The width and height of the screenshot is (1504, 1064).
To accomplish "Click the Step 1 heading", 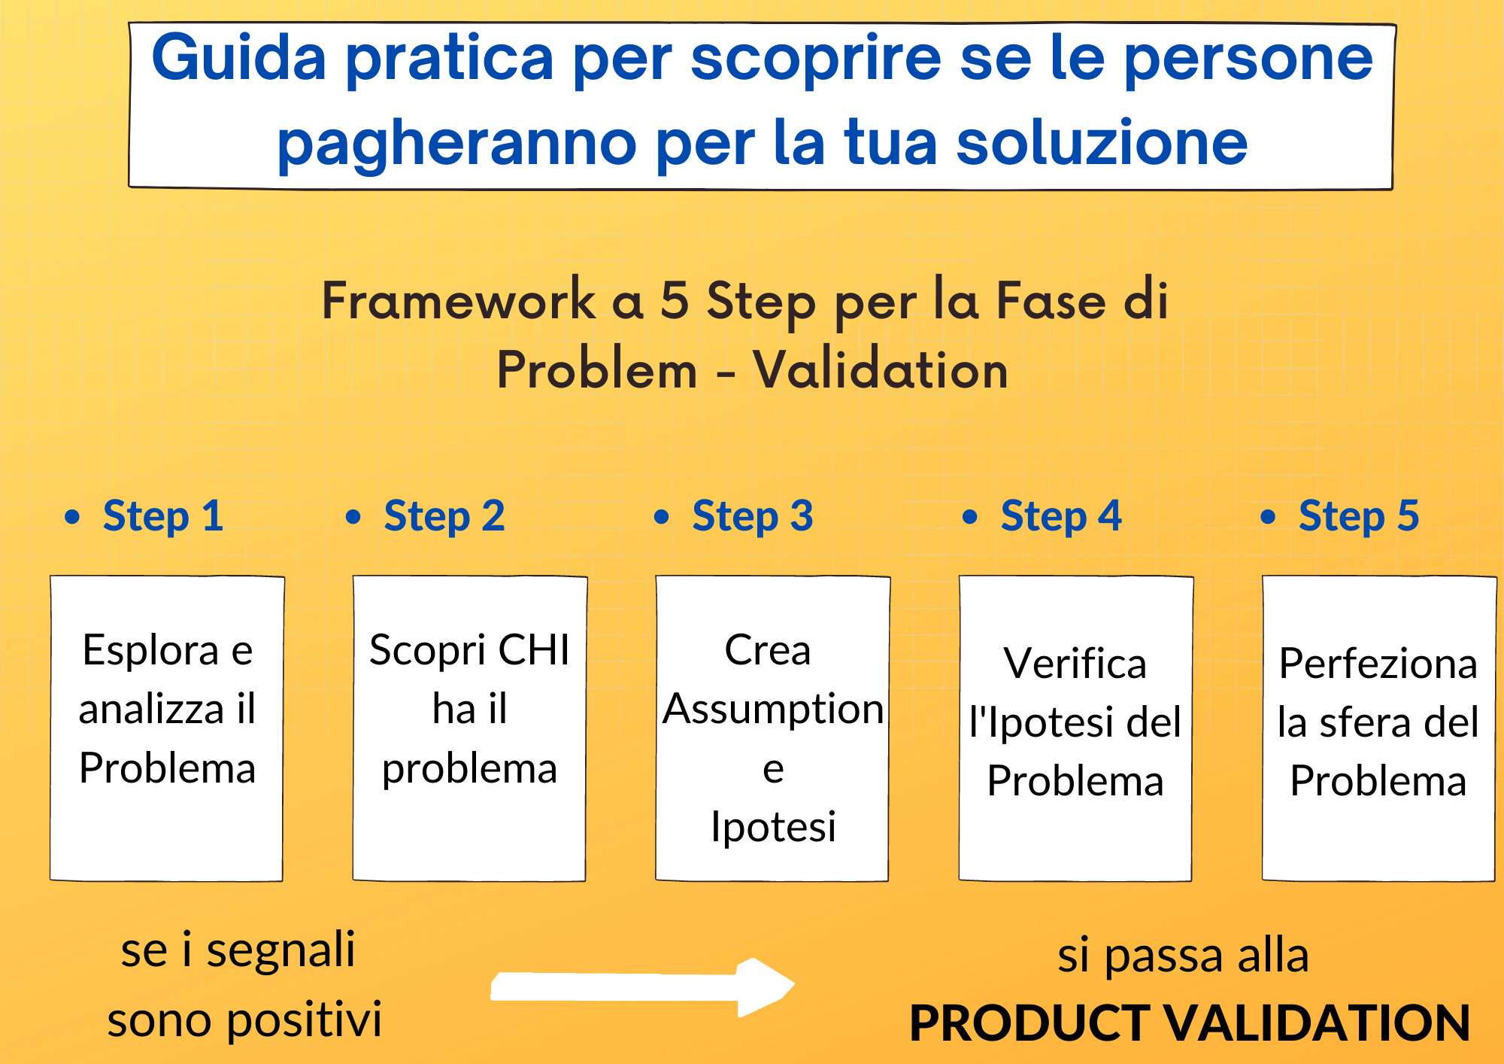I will (162, 516).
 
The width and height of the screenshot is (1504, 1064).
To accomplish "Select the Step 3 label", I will (752, 516).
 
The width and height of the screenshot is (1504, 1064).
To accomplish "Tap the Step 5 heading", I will (1358, 516).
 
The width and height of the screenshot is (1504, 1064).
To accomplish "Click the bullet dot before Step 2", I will (353, 517).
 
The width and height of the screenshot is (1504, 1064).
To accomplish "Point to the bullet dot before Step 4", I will (970, 517).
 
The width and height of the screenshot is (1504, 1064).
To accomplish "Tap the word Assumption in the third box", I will (773, 709).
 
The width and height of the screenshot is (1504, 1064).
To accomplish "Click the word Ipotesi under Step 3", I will (773, 826).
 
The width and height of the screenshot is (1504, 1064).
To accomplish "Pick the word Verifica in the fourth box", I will (1075, 664).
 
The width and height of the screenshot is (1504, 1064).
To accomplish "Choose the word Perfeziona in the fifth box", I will (1378, 664).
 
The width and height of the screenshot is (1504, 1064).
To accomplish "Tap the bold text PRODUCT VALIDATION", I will (1189, 1023).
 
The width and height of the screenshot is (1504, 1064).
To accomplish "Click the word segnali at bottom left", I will (280, 951).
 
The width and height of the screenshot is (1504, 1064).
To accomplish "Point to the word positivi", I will (304, 1020).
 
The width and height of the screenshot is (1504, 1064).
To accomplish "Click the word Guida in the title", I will (239, 59).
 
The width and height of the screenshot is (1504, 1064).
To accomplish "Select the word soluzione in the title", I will (1102, 143).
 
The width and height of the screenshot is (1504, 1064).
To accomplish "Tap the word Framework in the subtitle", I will (459, 300).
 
